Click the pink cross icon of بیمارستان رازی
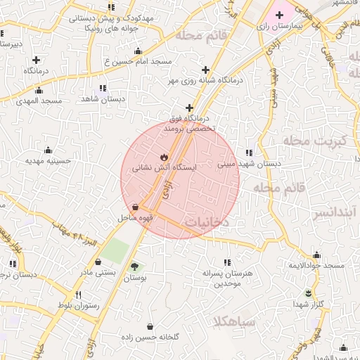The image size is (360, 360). click(280, 14)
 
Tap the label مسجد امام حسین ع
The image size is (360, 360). click(138, 62)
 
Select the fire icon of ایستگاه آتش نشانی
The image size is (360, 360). click(164, 156)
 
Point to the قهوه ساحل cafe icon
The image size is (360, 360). click(134, 207)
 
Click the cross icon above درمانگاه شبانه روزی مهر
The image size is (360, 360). click(205, 70)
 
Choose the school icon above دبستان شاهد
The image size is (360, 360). click(103, 88)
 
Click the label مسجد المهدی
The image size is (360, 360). click(41, 101)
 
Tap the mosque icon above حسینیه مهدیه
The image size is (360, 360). click(48, 150)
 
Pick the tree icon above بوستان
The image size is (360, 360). click(134, 266)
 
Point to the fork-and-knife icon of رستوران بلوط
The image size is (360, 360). click(79, 295)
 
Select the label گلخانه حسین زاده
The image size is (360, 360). click(160, 336)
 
